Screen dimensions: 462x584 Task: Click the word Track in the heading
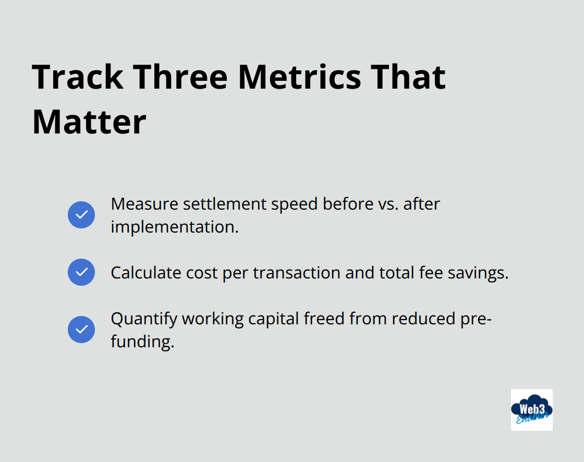click(78, 77)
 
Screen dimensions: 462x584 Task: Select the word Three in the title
click(182, 77)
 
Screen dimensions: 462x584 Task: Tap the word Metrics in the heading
click(299, 77)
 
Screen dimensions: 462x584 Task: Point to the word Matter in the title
click(89, 122)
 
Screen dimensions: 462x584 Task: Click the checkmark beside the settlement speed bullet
click(81, 215)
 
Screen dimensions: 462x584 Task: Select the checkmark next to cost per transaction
click(81, 272)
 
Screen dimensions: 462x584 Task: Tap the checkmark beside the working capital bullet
click(81, 330)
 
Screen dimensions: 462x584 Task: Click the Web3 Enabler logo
click(531, 410)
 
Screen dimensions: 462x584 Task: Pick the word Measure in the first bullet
click(144, 204)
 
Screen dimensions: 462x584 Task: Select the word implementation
click(174, 227)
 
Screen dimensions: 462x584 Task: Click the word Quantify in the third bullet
click(143, 319)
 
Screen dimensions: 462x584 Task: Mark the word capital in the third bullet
click(274, 319)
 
